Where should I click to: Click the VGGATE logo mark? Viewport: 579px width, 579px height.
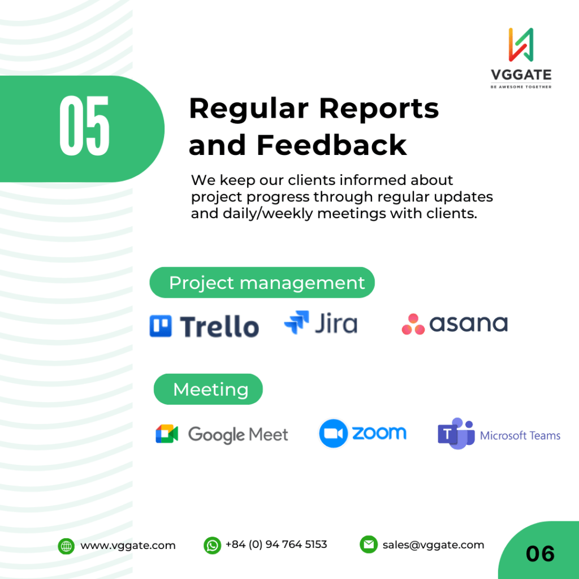[x=521, y=45]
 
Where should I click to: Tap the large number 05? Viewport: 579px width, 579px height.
[x=84, y=126]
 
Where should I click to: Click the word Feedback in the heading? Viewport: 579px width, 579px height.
[x=331, y=145]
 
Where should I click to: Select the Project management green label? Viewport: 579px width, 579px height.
[x=262, y=283]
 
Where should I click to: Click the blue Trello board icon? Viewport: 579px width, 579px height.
[x=160, y=326]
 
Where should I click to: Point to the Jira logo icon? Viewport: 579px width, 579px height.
[x=296, y=322]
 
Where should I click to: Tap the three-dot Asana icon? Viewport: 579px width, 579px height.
[x=413, y=324]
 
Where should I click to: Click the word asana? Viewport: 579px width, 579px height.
[x=468, y=324]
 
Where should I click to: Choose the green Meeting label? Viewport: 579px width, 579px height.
[x=208, y=389]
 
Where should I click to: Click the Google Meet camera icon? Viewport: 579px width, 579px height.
[x=167, y=434]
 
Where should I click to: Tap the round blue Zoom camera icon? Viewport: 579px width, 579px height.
[x=333, y=433]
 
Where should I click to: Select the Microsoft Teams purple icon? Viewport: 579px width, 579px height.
[x=456, y=434]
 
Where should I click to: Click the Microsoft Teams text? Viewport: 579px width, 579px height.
[x=520, y=436]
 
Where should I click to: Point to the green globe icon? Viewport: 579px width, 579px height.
[x=66, y=546]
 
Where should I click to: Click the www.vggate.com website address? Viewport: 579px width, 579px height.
[x=128, y=546]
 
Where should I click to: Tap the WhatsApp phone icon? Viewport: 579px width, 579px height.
[x=213, y=546]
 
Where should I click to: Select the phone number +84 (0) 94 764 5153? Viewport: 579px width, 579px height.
[x=276, y=545]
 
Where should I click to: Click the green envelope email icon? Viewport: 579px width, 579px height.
[x=369, y=545]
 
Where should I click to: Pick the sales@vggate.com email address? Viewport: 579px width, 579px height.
[x=433, y=545]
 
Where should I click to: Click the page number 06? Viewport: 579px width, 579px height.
[x=540, y=554]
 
